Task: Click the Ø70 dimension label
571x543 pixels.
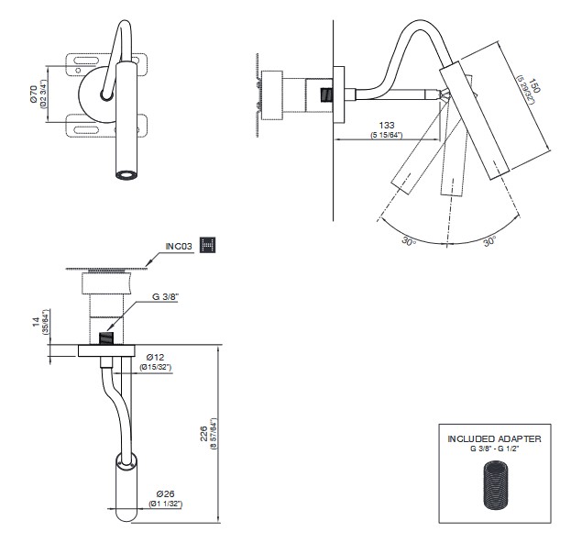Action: [x=33, y=94]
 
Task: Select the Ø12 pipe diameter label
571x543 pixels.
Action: [x=154, y=356]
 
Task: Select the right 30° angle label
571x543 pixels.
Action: [x=489, y=241]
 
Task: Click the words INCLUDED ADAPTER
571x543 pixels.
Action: [x=493, y=439]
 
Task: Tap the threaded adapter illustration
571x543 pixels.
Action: [x=494, y=488]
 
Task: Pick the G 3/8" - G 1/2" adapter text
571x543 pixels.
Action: [x=493, y=449]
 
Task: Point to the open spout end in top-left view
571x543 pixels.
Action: [x=124, y=174]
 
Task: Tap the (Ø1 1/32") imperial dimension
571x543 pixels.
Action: [x=164, y=504]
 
